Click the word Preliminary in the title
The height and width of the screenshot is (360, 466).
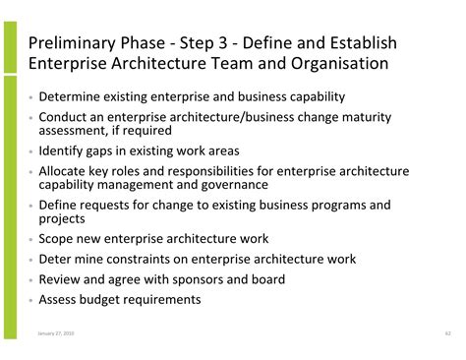(x=70, y=43)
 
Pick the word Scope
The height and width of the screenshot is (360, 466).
(x=58, y=239)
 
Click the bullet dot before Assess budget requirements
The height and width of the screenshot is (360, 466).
(x=30, y=300)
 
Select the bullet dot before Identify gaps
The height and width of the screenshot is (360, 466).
(x=30, y=152)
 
